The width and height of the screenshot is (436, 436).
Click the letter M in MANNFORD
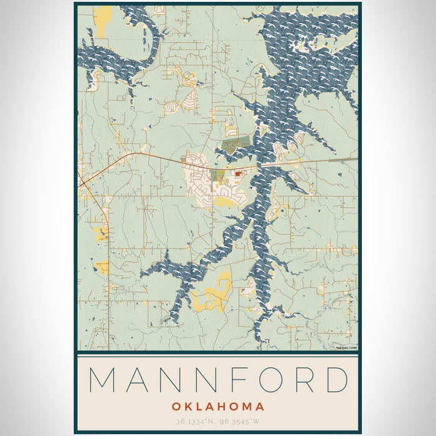pyautogui.click(x=102, y=379)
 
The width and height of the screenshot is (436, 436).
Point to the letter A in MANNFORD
pyautogui.click(x=138, y=379)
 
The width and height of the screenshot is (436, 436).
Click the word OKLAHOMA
pyautogui.click(x=217, y=407)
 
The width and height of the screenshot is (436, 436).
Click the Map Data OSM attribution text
pyautogui.click(x=346, y=348)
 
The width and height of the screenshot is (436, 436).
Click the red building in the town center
pyautogui.click(x=239, y=174)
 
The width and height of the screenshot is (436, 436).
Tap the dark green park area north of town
pyautogui.click(x=237, y=145)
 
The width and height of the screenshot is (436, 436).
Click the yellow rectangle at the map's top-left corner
pyautogui.click(x=103, y=16)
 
